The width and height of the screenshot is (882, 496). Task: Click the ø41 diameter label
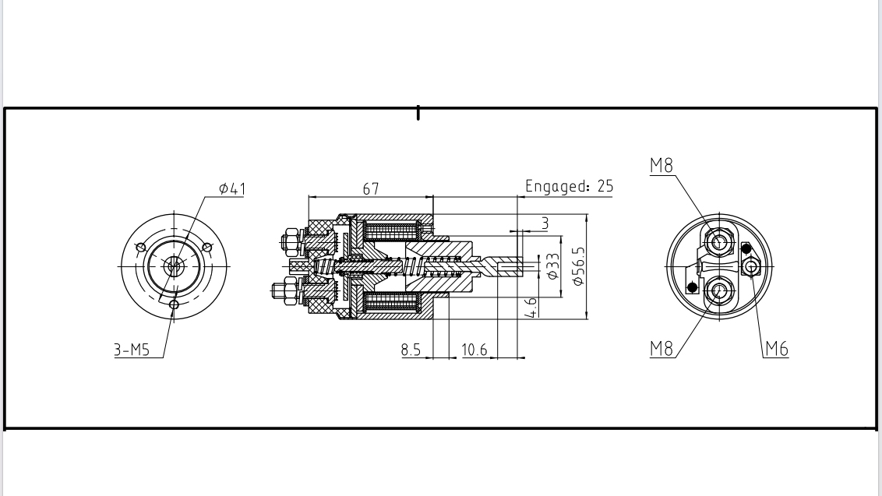tap(232, 188)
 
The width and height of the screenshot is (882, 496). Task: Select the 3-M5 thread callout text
tap(132, 350)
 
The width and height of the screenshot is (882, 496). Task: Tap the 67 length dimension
tap(371, 189)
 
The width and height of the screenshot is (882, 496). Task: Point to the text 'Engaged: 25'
tap(569, 186)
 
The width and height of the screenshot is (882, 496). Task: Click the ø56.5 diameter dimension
tap(578, 266)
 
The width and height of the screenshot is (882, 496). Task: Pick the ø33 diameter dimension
tap(553, 266)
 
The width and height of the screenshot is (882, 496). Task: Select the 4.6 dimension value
tap(531, 306)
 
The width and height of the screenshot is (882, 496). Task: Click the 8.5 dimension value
tap(411, 350)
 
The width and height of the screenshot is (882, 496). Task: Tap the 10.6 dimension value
tap(475, 350)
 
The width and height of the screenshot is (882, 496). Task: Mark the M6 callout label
tap(776, 349)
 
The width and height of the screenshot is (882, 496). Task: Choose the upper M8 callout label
tap(661, 166)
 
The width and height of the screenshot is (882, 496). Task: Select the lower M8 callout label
tap(661, 349)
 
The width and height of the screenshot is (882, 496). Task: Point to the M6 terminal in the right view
tap(751, 266)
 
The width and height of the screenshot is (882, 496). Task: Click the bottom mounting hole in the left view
tap(174, 304)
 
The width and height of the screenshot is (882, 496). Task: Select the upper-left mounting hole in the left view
tap(140, 248)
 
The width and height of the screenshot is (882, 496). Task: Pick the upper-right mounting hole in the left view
tap(207, 248)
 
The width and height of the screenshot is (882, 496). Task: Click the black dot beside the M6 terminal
tap(746, 249)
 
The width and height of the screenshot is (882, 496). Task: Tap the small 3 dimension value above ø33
tap(545, 223)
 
